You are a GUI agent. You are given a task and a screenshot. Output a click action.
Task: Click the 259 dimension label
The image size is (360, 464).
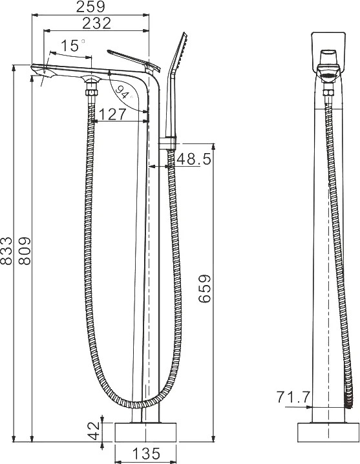90,7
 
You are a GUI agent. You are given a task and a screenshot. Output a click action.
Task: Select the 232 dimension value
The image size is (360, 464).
96,23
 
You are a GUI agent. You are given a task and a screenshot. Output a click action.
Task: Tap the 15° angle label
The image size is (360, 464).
73,46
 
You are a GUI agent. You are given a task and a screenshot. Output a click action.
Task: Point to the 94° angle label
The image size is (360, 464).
123,92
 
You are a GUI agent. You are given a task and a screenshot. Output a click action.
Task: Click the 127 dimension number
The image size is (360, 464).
112,114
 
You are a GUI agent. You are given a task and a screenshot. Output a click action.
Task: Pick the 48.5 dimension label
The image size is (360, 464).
194,159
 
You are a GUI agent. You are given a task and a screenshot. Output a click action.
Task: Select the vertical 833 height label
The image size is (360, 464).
6,251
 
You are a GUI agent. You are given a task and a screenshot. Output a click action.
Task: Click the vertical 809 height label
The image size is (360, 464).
25,251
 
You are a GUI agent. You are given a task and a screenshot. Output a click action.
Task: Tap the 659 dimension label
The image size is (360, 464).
205,288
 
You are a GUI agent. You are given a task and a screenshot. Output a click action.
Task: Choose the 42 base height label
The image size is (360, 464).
94,430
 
